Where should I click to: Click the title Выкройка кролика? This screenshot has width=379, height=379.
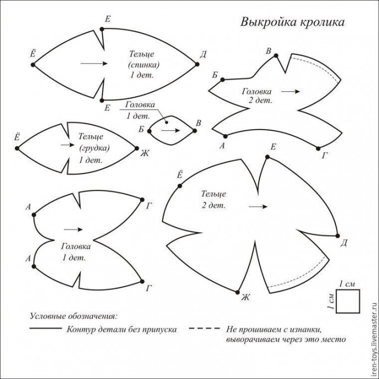(x=292, y=23)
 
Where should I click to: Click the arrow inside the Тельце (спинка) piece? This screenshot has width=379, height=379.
(x=94, y=64)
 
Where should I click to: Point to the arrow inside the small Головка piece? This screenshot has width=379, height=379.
(x=170, y=131)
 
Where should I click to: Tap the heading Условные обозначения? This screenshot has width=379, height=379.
(x=73, y=317)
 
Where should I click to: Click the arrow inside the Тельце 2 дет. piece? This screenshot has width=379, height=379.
(x=258, y=207)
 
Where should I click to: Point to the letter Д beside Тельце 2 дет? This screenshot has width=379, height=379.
(x=344, y=243)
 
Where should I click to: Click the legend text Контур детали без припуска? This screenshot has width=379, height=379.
(x=122, y=330)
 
